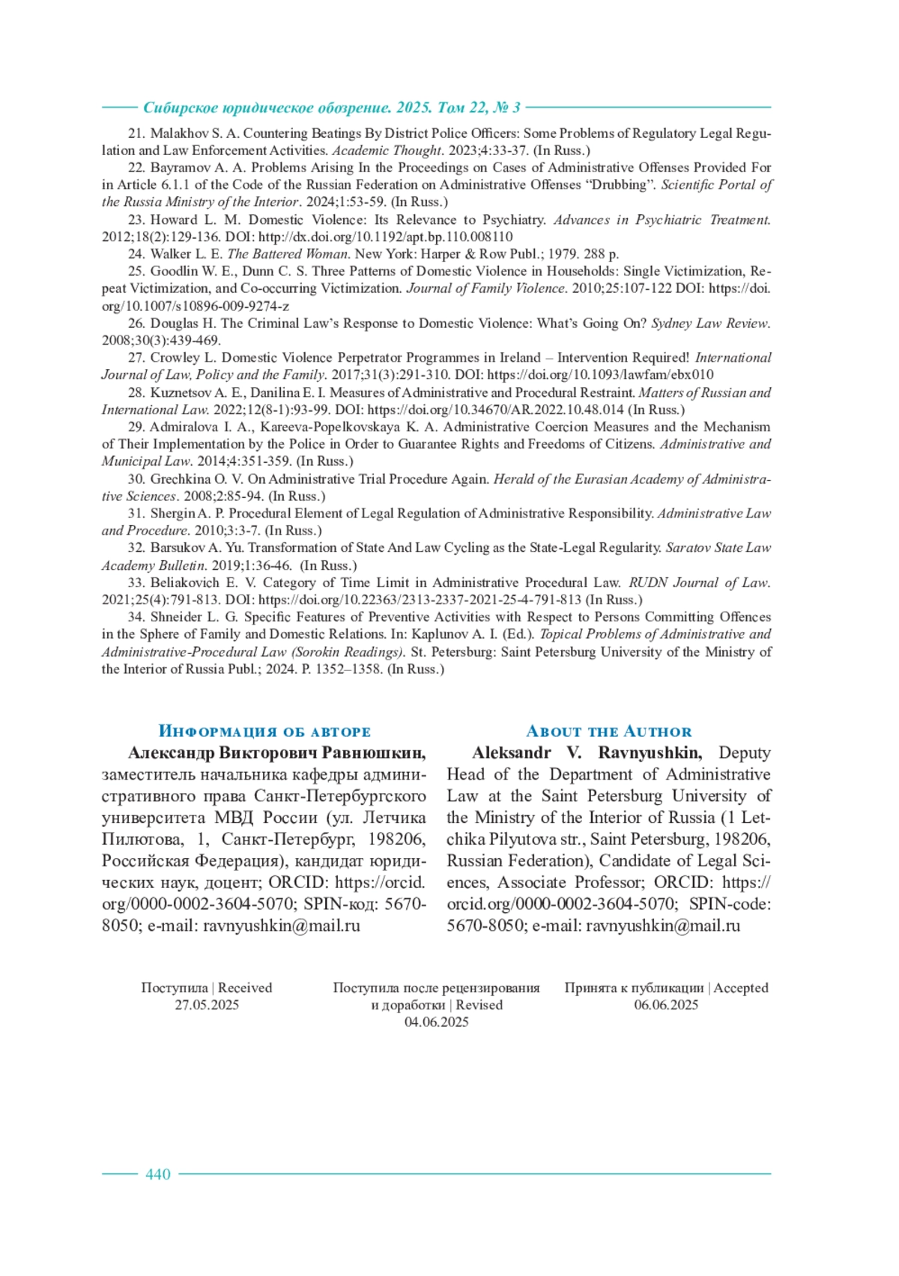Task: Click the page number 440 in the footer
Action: click(158, 1174)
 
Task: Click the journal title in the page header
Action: click(332, 108)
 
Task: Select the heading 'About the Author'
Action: click(608, 732)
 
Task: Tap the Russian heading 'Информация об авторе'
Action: click(264, 732)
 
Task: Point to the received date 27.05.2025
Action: click(207, 1005)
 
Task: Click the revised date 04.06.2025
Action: click(436, 1022)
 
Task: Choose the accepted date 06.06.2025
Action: click(666, 1005)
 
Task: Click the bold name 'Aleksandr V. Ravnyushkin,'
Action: click(587, 753)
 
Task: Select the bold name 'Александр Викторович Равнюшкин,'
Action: click(277, 753)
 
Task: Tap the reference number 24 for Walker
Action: click(136, 254)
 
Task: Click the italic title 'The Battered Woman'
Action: click(289, 254)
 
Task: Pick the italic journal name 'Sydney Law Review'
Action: click(709, 323)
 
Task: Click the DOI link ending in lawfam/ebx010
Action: click(600, 374)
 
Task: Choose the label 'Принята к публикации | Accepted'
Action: click(666, 988)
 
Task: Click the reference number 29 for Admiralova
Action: click(136, 427)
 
